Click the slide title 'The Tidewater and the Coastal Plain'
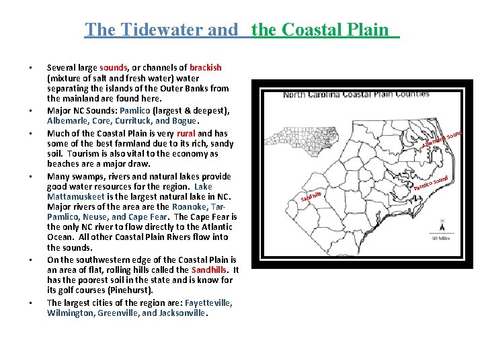tap(242, 30)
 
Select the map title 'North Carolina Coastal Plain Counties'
tap(356, 95)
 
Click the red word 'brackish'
tap(206, 68)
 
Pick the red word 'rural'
tap(186, 133)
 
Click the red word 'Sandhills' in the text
tap(209, 270)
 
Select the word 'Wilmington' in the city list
tap(71, 313)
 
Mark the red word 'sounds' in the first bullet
tap(113, 68)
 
